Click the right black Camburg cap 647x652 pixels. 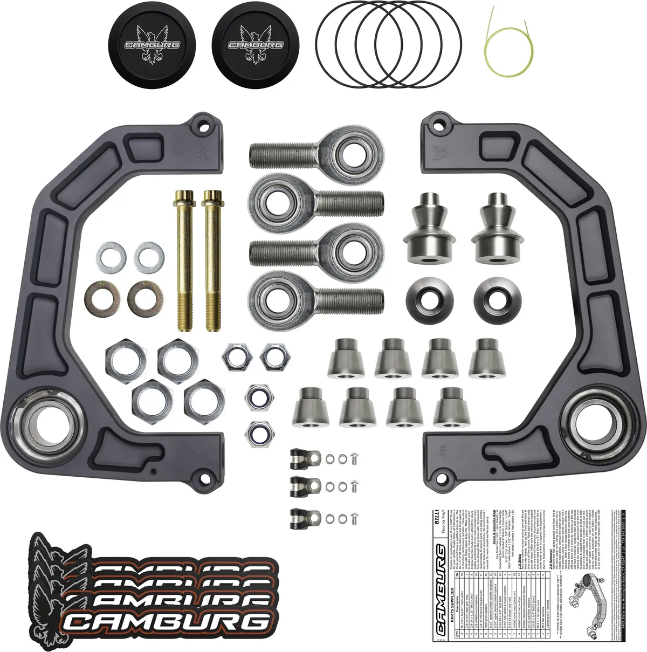coord(256,45)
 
